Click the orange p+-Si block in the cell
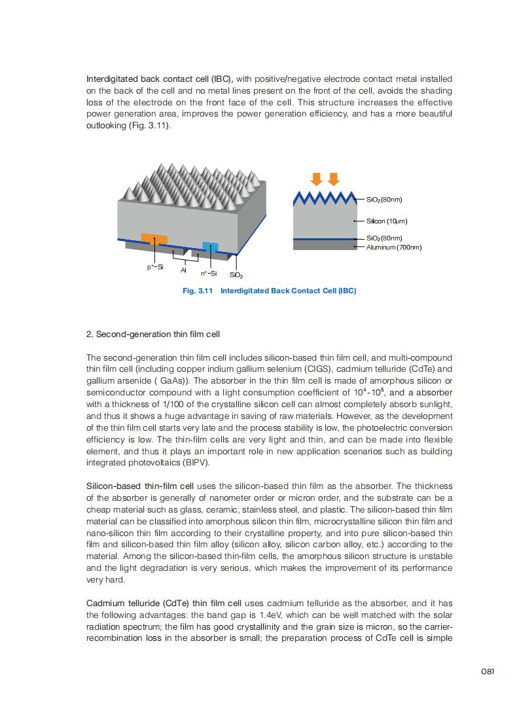tap(154, 239)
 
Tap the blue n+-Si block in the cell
tap(210, 246)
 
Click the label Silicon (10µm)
tap(387, 221)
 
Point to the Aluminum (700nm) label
tap(394, 247)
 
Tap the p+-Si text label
tap(155, 267)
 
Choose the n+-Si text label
tap(208, 274)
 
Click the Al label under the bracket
tap(184, 269)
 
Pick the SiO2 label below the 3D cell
tap(236, 276)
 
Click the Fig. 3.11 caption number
tap(198, 291)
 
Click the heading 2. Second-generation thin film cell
tap(153, 334)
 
